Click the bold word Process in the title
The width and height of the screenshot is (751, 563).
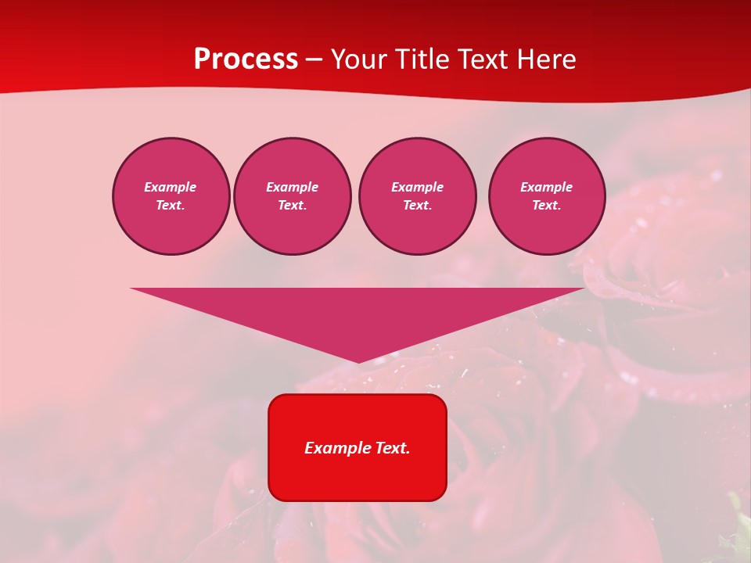[x=246, y=59]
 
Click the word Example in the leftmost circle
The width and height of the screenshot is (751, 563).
[x=171, y=187]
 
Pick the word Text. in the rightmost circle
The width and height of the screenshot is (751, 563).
[x=546, y=206]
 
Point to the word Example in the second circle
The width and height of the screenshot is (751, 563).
[x=292, y=187]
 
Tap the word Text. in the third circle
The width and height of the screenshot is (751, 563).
[x=417, y=206]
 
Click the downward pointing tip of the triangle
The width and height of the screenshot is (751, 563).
[x=358, y=360]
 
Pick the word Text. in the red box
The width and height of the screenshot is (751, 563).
[x=393, y=448]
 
